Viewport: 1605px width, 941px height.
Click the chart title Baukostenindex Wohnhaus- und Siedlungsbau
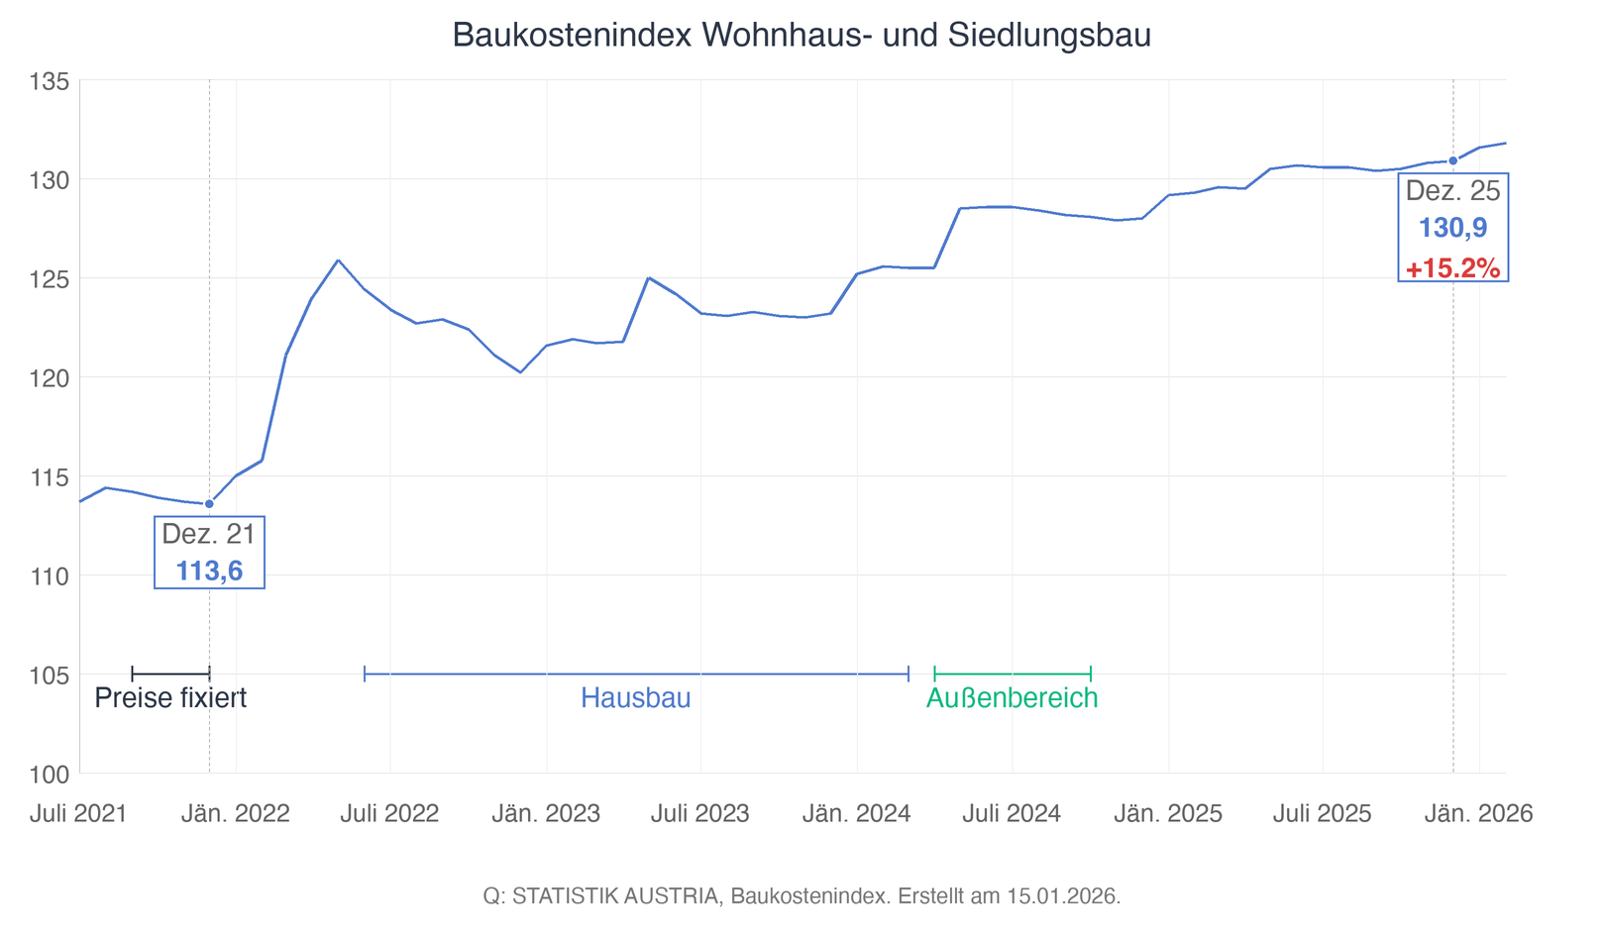(802, 36)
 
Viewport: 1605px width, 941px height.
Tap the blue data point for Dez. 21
(209, 504)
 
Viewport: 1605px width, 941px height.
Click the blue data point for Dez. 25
(1452, 160)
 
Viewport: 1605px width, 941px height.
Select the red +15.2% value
(1452, 268)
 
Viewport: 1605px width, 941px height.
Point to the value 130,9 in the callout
(1452, 228)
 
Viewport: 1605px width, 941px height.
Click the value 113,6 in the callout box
(209, 571)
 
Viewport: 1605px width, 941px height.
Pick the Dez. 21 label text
(209, 534)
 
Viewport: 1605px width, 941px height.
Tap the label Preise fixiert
(170, 698)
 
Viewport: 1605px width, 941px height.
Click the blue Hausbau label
(635, 698)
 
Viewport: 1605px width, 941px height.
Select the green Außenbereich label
(1012, 698)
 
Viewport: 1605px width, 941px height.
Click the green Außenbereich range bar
(1012, 675)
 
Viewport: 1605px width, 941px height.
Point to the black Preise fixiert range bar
(170, 675)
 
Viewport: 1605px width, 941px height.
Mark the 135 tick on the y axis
(50, 81)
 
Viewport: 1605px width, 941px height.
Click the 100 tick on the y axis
(50, 774)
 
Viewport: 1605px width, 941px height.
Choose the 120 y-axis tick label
(50, 377)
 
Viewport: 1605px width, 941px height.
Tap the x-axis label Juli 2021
(78, 814)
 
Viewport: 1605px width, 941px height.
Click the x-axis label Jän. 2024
(856, 814)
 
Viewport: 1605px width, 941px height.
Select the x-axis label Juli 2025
(1322, 814)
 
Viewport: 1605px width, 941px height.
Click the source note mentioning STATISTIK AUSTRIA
(802, 896)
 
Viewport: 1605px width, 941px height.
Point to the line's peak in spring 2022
(338, 261)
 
